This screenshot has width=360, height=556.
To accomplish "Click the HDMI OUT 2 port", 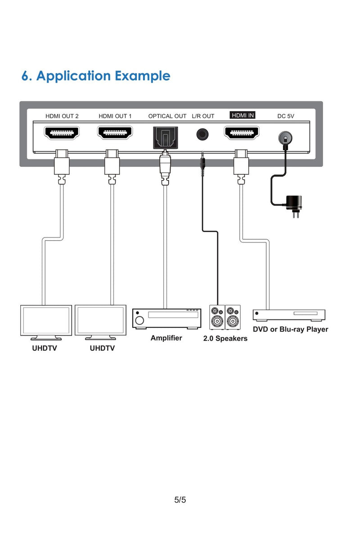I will [x=62, y=133].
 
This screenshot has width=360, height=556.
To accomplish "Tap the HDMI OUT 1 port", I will [x=115, y=133].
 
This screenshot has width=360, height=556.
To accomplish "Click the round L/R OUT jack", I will [x=203, y=134].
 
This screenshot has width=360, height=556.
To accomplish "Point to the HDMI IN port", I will [x=242, y=133].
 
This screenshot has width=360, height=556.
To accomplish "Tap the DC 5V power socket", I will [x=284, y=137].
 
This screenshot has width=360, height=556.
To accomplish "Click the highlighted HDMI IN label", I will [x=243, y=115].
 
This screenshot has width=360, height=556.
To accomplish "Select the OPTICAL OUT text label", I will [x=167, y=116].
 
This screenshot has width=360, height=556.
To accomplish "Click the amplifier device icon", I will [x=166, y=318].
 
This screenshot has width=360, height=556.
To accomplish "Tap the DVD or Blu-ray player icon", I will [x=289, y=314].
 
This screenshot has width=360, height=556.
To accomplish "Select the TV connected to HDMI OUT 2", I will [x=46, y=322].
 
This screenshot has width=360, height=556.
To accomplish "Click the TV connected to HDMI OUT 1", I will [x=100, y=322].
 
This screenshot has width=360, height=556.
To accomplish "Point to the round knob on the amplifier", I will [x=139, y=321].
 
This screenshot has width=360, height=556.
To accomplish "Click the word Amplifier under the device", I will [x=166, y=338].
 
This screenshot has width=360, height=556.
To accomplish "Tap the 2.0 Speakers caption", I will [x=225, y=338].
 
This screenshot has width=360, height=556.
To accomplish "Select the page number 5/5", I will [x=180, y=500].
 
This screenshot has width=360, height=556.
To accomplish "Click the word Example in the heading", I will [x=143, y=76].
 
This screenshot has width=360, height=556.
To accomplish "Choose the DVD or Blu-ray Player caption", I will [x=290, y=329].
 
